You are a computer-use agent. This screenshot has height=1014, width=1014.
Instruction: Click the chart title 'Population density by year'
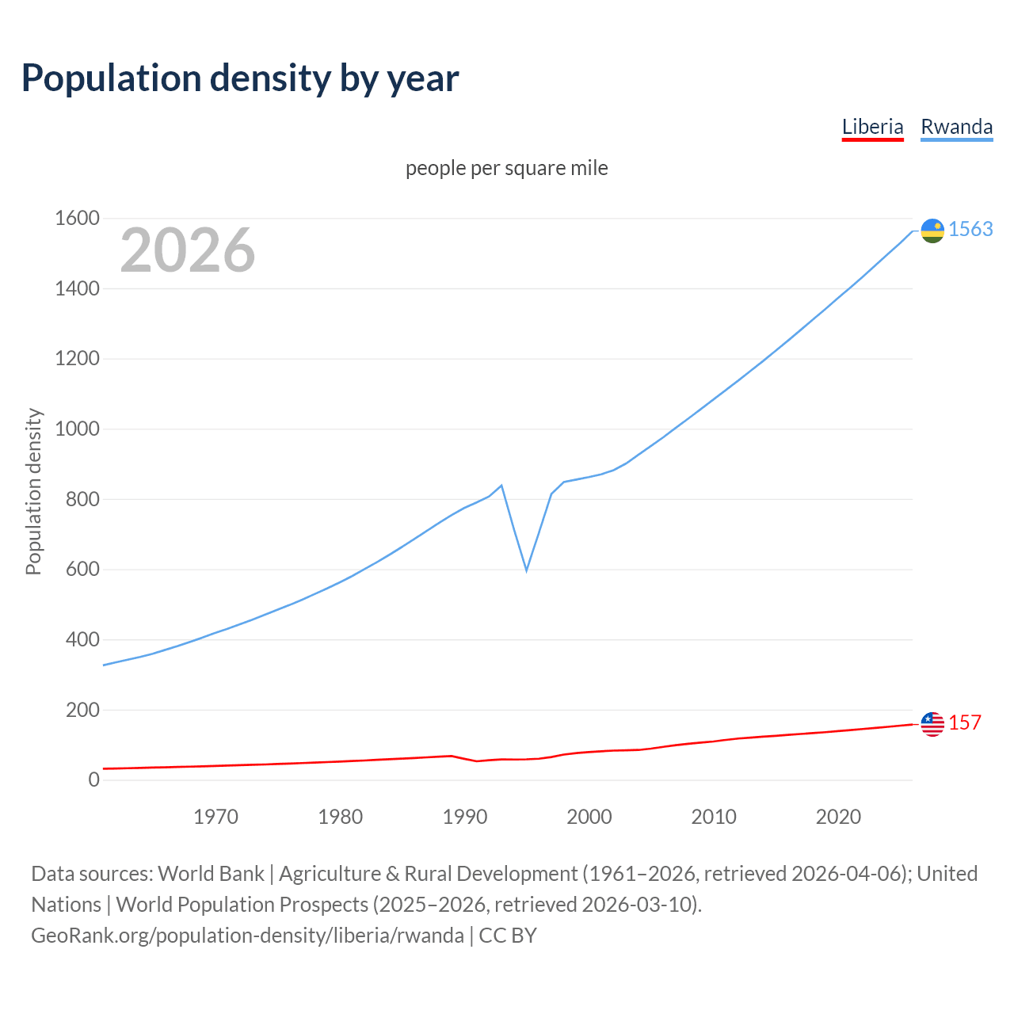240,78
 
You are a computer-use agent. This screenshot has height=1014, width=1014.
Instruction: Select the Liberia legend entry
872,127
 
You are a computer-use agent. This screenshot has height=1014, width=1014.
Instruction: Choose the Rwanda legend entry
956,127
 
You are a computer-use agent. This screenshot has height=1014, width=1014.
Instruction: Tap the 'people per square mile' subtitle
507,168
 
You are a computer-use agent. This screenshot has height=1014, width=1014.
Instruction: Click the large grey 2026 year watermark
188,250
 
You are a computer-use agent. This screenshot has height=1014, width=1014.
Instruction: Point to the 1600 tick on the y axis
77,218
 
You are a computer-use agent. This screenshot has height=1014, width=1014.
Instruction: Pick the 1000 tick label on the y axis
77,429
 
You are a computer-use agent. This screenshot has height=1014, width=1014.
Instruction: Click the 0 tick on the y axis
94,780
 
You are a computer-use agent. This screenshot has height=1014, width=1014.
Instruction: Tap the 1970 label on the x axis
215,817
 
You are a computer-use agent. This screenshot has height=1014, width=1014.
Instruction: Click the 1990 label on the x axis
465,817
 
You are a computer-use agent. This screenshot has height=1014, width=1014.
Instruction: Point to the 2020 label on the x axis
838,817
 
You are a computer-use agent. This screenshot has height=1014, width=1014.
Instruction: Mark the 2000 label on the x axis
589,817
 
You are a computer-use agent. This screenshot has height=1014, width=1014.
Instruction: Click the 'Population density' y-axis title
33,491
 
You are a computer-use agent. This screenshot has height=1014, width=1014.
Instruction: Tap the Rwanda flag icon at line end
932,231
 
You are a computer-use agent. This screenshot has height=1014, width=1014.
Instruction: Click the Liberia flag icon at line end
932,724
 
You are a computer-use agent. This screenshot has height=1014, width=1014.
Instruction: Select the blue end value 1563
970,229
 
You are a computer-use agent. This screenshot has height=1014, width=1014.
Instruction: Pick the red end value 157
965,722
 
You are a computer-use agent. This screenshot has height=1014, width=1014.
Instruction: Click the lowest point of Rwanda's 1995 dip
526,570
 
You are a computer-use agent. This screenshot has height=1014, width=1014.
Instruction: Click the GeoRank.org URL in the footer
247,936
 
